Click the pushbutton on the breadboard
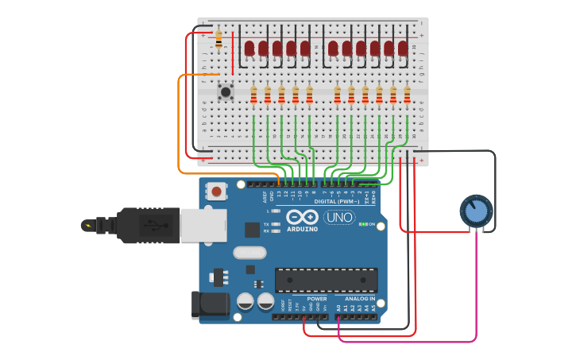[226, 91]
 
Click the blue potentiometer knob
[476, 211]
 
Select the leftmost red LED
[249, 48]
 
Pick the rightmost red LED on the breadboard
[403, 48]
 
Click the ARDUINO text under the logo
[302, 229]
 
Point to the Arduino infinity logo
[302, 217]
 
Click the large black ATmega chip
[326, 280]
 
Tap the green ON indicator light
[362, 224]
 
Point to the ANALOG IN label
[360, 299]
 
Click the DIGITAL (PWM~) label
[336, 201]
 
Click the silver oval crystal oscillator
[249, 253]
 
